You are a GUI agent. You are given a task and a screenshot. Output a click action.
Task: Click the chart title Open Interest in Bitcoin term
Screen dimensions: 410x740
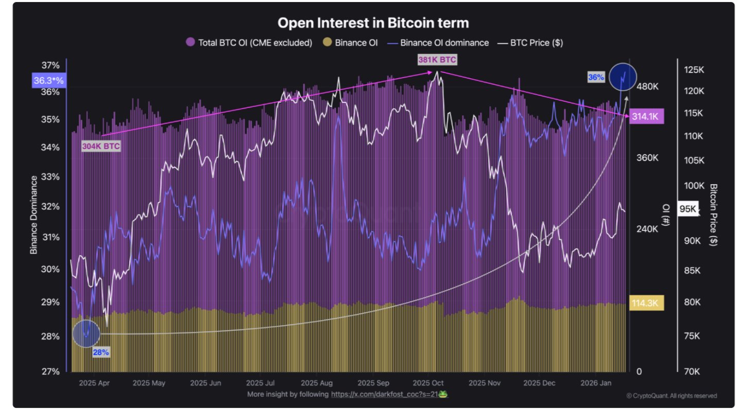[x=373, y=23]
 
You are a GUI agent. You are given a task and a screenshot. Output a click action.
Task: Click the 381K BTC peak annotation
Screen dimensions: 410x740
[x=437, y=60]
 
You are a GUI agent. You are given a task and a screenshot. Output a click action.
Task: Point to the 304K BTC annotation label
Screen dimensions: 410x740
[x=101, y=147]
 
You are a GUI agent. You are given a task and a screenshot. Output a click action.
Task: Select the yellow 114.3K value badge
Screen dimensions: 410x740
[x=646, y=304]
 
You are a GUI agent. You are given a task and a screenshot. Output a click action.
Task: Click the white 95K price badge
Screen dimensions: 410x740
[x=687, y=208]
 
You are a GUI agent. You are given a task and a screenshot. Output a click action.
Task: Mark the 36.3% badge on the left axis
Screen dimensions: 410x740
[x=48, y=81]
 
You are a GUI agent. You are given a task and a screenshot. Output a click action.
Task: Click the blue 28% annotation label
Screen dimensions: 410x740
[x=100, y=352]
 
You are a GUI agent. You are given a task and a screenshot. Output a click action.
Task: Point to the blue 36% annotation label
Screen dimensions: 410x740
[x=596, y=77]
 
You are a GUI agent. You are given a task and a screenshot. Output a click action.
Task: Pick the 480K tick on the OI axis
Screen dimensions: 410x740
[x=648, y=86]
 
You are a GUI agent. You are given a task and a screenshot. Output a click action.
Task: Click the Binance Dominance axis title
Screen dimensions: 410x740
[x=34, y=215]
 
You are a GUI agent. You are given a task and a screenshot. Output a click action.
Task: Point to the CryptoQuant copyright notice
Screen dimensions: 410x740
[x=671, y=396]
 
